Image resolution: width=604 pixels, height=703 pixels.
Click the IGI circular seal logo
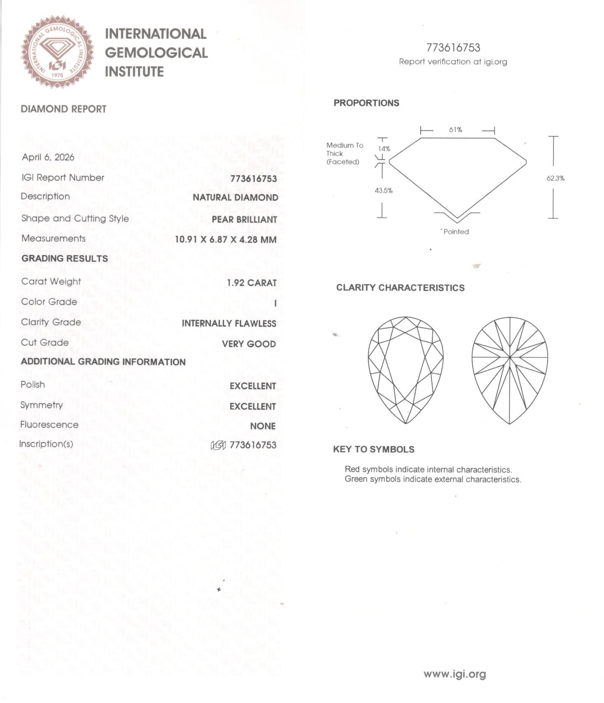[57, 52]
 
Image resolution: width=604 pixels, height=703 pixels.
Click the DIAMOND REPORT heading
[64, 109]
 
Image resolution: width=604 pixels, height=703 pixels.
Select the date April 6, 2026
[48, 157]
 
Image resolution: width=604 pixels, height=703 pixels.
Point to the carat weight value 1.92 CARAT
[251, 283]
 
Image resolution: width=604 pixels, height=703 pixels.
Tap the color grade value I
[275, 303]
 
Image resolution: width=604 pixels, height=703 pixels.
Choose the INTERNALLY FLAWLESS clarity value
[229, 323]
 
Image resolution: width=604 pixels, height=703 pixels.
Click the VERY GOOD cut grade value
[249, 344]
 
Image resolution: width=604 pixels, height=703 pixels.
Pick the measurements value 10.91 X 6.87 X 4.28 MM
[225, 240]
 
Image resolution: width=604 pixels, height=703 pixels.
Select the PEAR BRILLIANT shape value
[244, 219]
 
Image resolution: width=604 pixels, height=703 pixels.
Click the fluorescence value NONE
[263, 426]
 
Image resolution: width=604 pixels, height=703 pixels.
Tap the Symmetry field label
[42, 405]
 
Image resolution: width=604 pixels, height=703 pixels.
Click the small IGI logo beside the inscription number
[218, 445]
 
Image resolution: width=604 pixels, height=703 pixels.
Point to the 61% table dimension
[455, 130]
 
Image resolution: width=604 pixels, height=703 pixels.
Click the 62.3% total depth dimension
[555, 178]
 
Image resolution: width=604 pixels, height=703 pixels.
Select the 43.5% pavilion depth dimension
[384, 190]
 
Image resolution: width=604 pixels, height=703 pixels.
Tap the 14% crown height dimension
[384, 149]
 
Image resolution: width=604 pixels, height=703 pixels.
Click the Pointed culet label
[456, 232]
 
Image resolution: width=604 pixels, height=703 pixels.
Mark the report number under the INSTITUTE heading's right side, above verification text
[453, 48]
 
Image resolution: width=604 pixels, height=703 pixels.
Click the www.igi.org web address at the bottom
[455, 674]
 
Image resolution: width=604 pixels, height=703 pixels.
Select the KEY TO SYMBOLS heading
[374, 449]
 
